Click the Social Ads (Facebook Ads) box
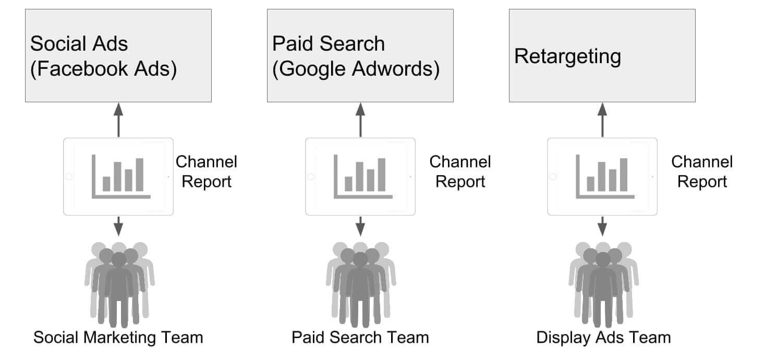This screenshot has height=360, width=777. [x=118, y=55]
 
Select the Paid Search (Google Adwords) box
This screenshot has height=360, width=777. [x=360, y=55]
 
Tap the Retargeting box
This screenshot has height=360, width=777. [x=602, y=55]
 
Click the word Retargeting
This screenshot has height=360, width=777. [x=567, y=56]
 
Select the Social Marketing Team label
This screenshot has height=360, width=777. [x=118, y=338]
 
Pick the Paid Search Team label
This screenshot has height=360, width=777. [x=360, y=338]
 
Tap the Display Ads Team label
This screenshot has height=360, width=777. [x=603, y=338]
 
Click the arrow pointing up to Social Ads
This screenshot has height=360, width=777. [x=118, y=119]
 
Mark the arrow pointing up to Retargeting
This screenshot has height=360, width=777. [x=602, y=119]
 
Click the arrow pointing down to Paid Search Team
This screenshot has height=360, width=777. [x=360, y=226]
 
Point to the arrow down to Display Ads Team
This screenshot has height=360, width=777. [x=602, y=226]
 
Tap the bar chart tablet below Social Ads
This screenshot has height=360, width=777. [x=118, y=176]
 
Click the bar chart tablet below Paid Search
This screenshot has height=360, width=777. [x=360, y=176]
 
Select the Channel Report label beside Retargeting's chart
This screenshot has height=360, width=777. [x=701, y=172]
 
